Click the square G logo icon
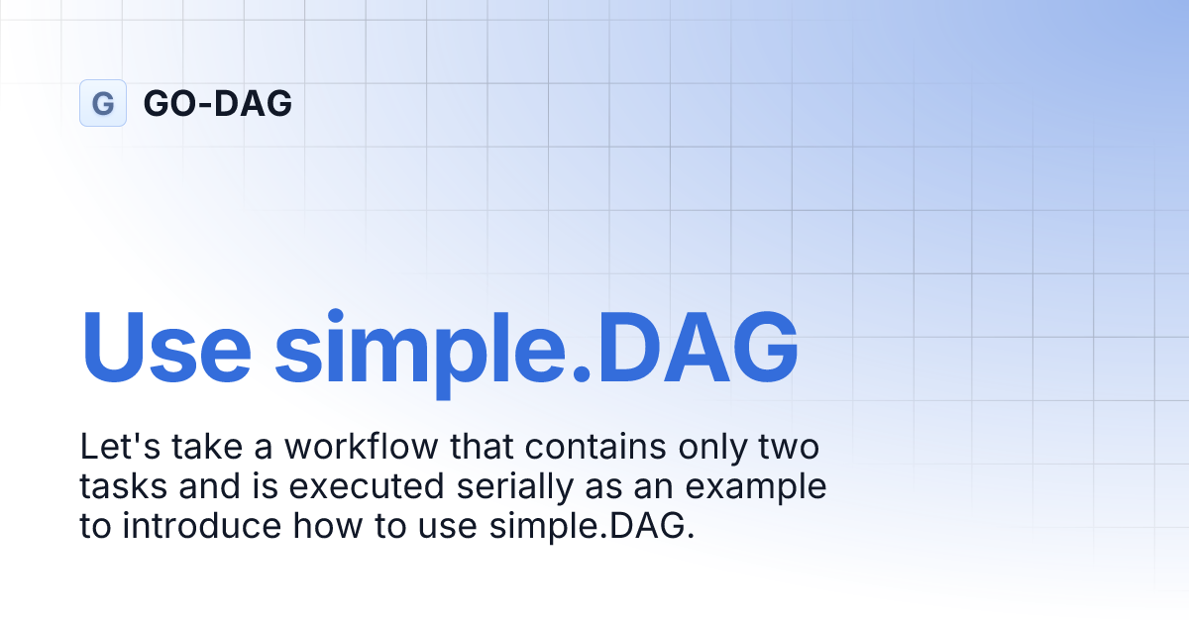tap(103, 103)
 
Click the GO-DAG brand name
tap(218, 103)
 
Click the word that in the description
tap(483, 448)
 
